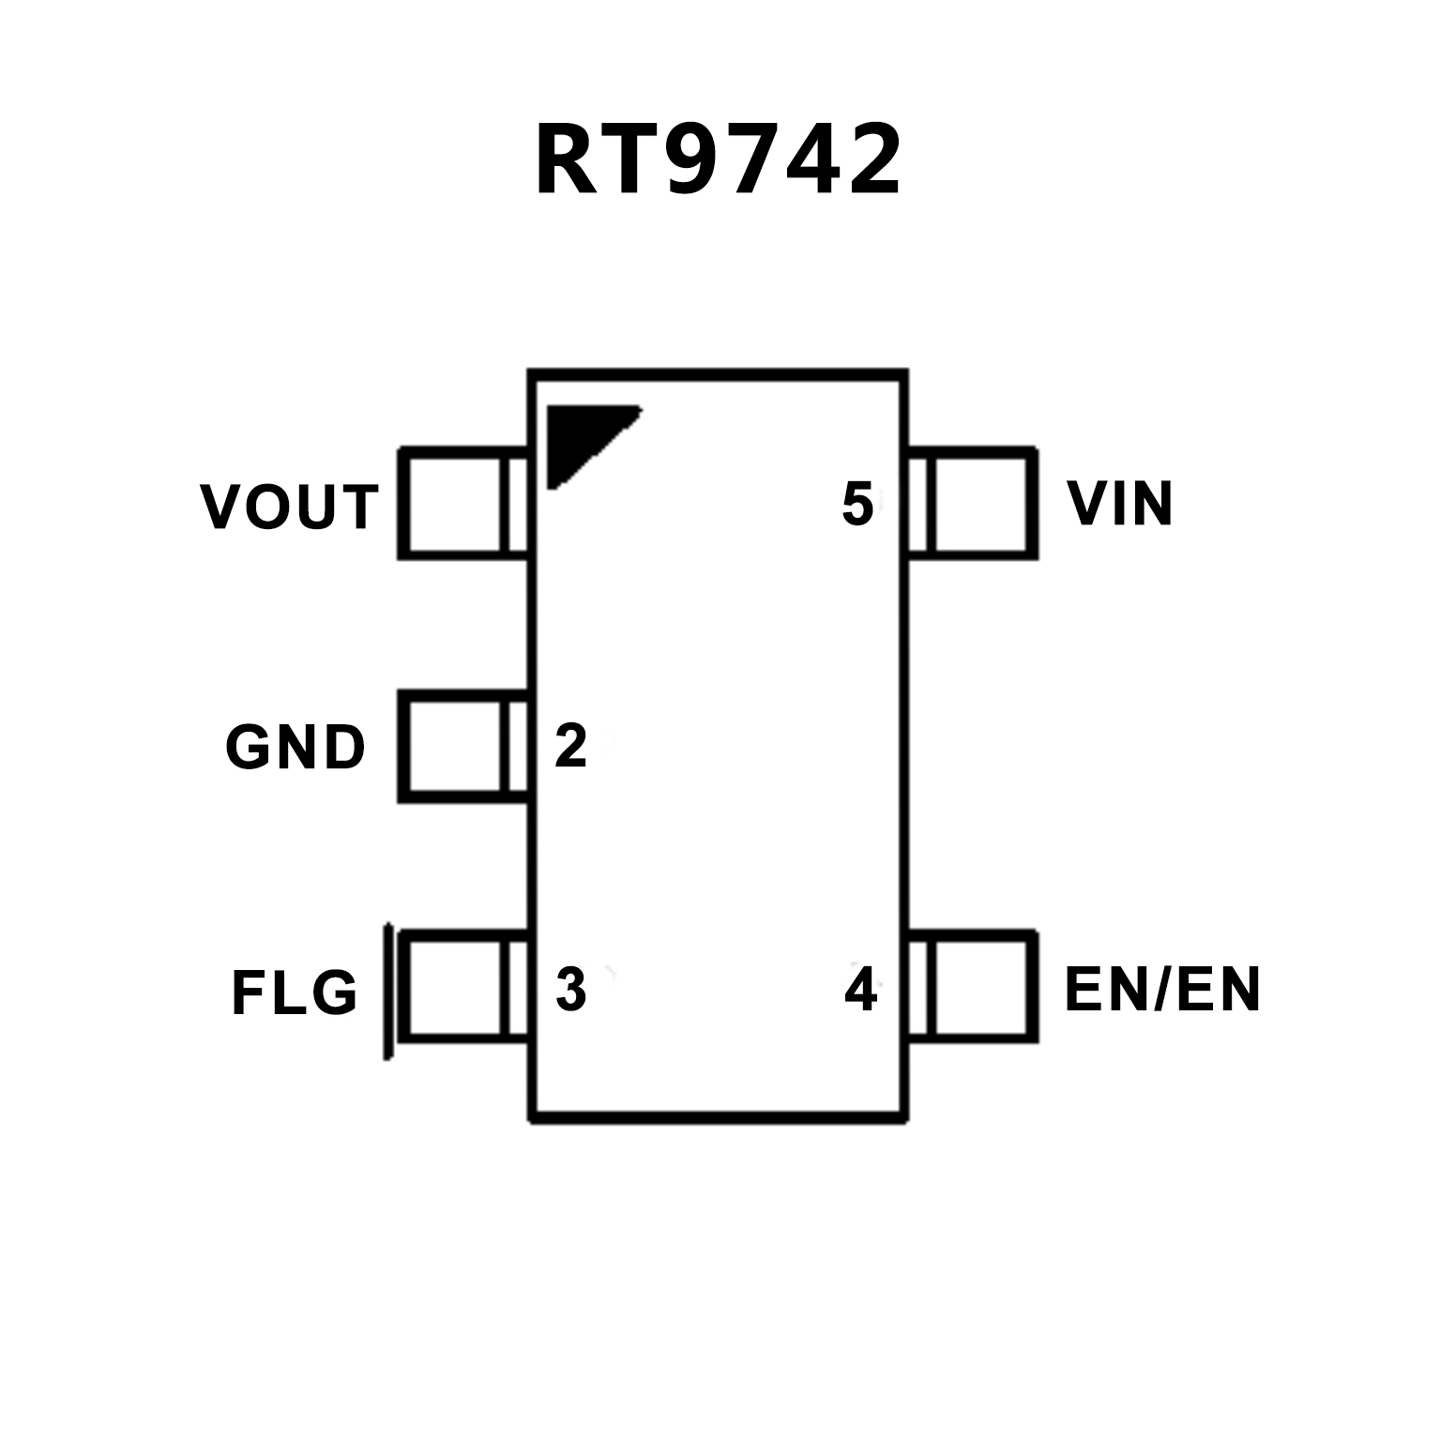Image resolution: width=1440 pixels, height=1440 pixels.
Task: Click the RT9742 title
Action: tap(718, 161)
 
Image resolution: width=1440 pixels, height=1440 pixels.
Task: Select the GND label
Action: tap(295, 748)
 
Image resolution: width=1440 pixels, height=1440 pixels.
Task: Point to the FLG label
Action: tap(295, 992)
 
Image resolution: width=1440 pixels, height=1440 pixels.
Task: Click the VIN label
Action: tap(1120, 504)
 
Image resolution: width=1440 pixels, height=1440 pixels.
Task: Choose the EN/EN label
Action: tap(1162, 989)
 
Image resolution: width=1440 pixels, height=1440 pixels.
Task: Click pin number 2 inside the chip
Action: tap(570, 746)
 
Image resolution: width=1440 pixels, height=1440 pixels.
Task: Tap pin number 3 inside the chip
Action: tap(570, 989)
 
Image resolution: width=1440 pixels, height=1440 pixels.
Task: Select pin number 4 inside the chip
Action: tap(860, 989)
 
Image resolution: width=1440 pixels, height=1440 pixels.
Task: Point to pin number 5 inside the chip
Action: tap(857, 504)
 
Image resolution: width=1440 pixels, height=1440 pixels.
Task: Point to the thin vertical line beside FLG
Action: tap(387, 992)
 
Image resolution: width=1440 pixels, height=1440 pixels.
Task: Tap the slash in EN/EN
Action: tap(1160, 989)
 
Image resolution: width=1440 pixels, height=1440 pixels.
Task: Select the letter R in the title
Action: tap(567, 161)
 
